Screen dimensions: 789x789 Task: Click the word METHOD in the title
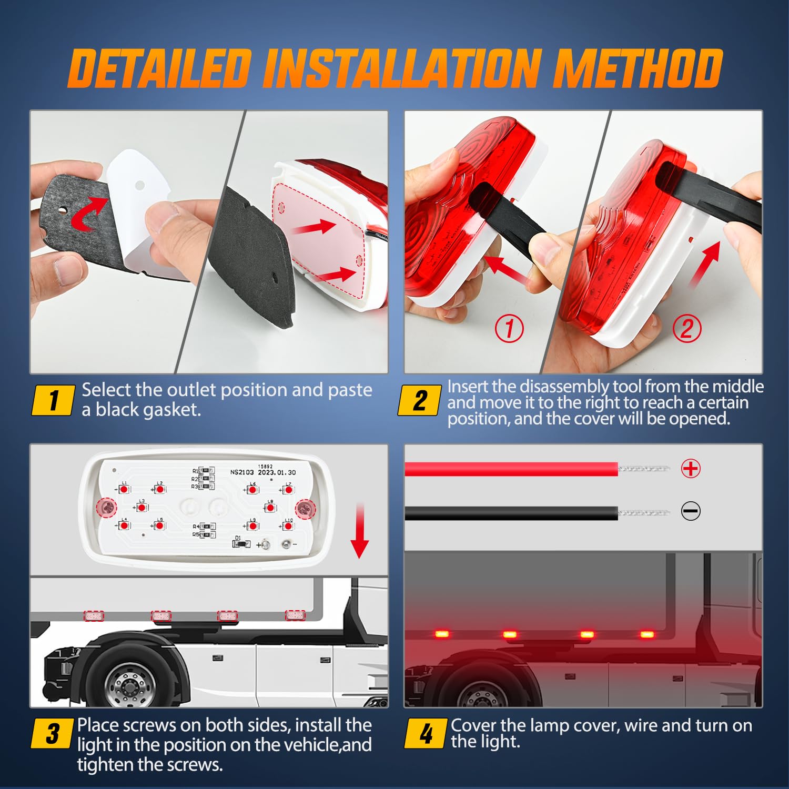tap(638, 68)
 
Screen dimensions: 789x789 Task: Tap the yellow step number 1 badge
tap(53, 400)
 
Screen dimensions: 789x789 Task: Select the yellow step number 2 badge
tap(419, 400)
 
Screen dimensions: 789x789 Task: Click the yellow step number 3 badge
tap(52, 733)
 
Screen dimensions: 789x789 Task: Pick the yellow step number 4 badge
tap(426, 733)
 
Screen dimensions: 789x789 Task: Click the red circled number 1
tap(509, 329)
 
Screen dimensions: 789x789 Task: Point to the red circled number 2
tap(687, 329)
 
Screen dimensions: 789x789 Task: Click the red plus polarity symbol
tap(691, 468)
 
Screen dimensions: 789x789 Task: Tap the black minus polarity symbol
tap(691, 511)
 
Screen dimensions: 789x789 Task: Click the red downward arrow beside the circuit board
tap(360, 531)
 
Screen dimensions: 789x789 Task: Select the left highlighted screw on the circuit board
tap(107, 508)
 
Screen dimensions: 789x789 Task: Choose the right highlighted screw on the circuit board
tap(305, 508)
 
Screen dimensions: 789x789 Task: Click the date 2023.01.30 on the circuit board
tap(277, 472)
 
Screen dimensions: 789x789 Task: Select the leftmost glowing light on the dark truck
tap(442, 634)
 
